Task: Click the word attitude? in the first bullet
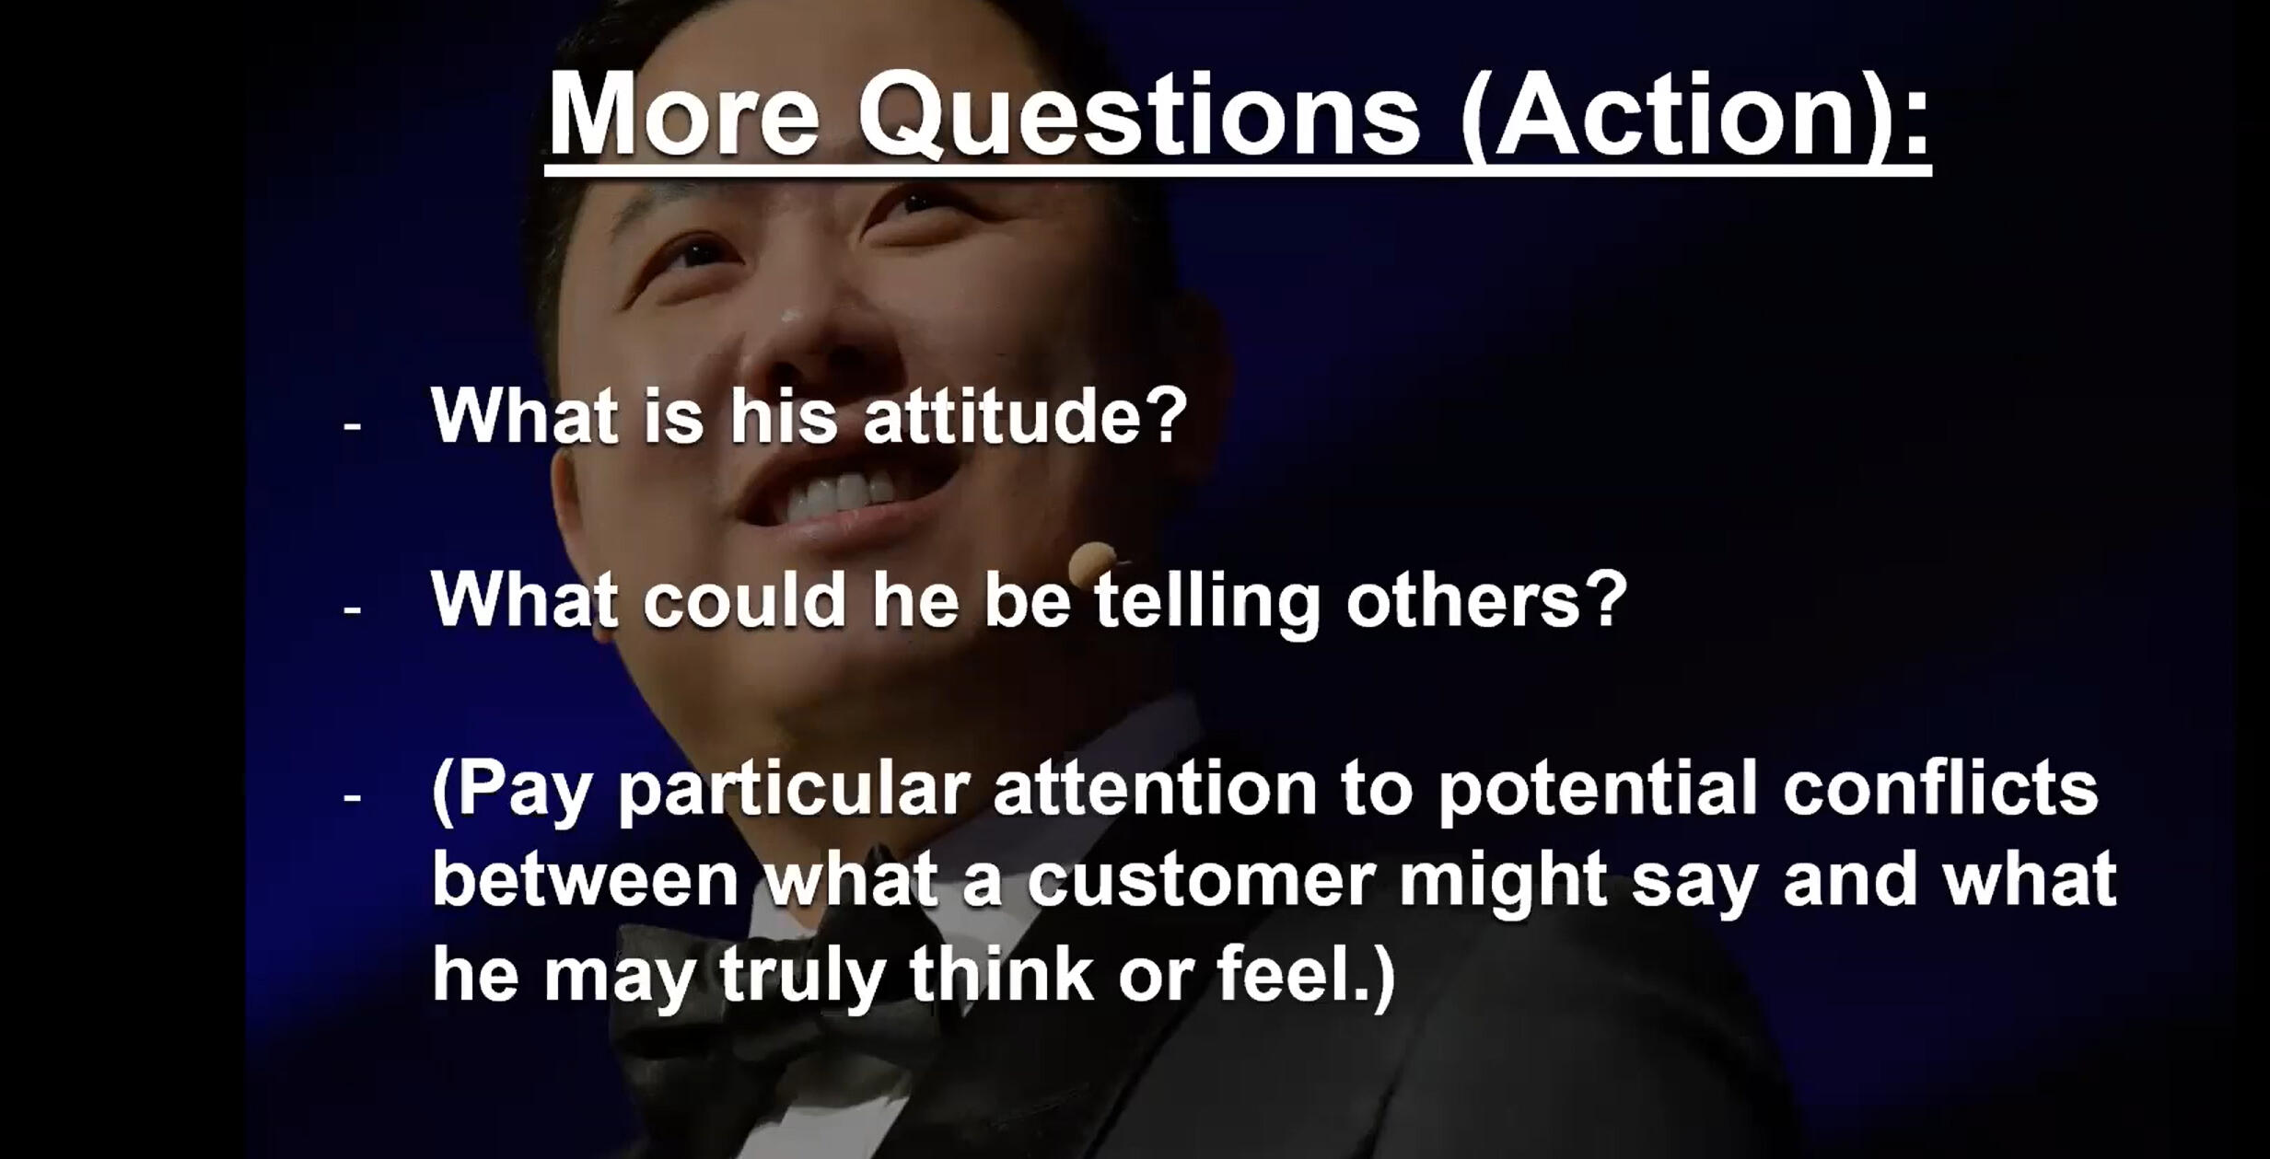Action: coord(1025,415)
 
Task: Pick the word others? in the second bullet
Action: coord(1486,599)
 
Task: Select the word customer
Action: coord(1201,881)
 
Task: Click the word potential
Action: coord(1598,790)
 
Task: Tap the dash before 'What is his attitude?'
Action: coord(352,426)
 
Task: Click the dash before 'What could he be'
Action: coord(352,608)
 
